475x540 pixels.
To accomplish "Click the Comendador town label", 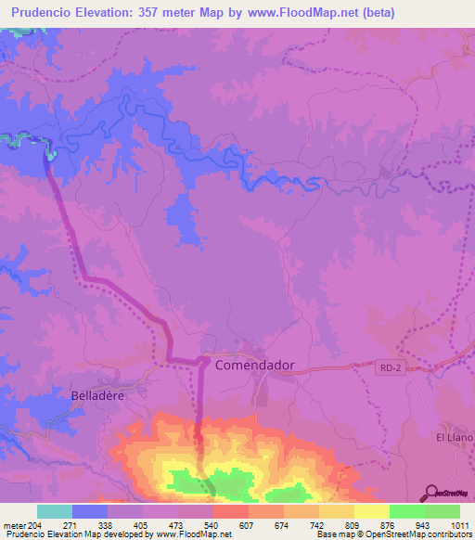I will click(254, 365).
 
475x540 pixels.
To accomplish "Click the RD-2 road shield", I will click(391, 368).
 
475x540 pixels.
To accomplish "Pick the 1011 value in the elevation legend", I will click(458, 525).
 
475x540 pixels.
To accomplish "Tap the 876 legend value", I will click(389, 525).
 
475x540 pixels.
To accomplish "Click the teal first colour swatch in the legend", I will click(55, 511).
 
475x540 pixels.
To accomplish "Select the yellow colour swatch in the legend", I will click(371, 511).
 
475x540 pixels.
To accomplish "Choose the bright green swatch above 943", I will click(406, 511).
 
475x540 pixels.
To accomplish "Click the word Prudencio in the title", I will click(44, 13).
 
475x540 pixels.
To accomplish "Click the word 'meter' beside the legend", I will click(14, 525).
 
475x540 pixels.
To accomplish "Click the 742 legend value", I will click(318, 525).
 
